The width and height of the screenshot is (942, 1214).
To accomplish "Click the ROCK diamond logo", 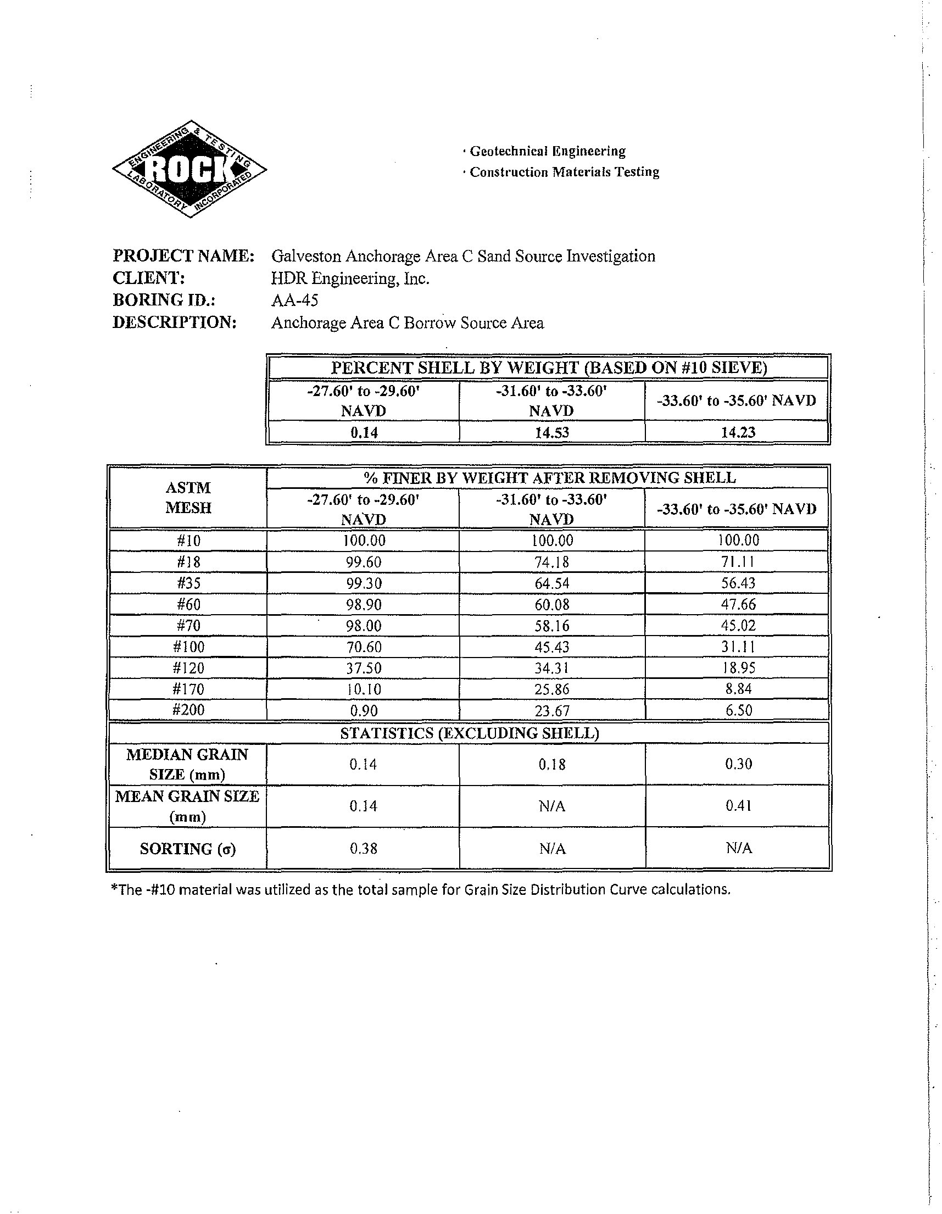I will (x=189, y=169).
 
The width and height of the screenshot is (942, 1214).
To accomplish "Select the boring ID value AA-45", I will (x=294, y=300).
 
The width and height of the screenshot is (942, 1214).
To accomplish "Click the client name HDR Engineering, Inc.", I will (x=350, y=279).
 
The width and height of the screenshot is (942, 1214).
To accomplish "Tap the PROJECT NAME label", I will (x=183, y=256).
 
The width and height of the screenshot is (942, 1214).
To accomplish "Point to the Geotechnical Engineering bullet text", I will (x=548, y=151).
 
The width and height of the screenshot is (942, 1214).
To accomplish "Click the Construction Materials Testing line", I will (x=564, y=172).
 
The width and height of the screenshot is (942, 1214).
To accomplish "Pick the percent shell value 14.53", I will (x=552, y=432).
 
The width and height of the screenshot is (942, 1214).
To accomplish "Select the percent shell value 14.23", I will (x=738, y=432).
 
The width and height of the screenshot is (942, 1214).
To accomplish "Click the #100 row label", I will (x=188, y=647).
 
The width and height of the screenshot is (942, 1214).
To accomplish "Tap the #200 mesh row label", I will (x=188, y=710).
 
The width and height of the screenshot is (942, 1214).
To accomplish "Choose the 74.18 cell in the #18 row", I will (x=552, y=562).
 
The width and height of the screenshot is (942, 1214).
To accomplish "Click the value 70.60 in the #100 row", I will (x=363, y=647).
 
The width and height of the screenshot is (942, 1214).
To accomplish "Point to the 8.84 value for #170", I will (x=738, y=689).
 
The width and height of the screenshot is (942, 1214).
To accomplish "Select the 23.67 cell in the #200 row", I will (x=552, y=711).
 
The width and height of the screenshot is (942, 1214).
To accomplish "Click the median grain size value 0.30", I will (x=738, y=764).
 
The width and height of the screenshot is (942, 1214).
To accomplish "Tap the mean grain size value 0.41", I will (x=738, y=806).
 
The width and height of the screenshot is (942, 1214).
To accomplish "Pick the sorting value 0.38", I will (x=363, y=848).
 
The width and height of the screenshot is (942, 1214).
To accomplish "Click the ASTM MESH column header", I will (x=188, y=498).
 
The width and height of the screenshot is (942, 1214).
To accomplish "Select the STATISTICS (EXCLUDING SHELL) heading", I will (x=470, y=733).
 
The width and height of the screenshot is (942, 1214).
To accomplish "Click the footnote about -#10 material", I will (x=421, y=890).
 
